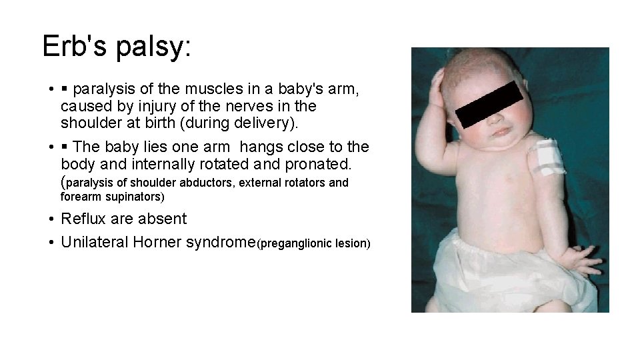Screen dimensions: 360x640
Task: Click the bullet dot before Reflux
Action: pos(51,219)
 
